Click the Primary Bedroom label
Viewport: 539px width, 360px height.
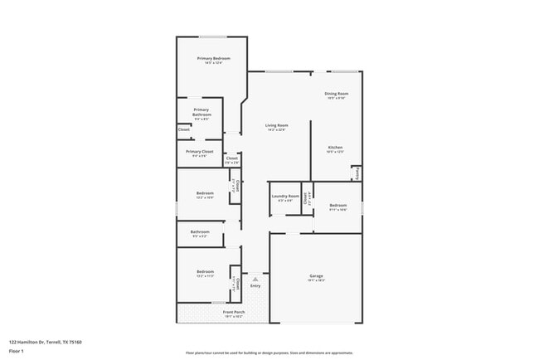tap(213, 59)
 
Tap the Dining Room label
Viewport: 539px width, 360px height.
tap(336, 94)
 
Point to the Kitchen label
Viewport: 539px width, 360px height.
tap(334, 148)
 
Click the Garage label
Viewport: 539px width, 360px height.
tap(315, 276)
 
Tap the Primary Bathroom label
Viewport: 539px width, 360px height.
tap(202, 112)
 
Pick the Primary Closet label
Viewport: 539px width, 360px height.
tap(200, 152)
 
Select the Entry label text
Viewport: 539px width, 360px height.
tap(255, 286)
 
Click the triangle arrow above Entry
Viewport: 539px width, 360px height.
tap(255, 280)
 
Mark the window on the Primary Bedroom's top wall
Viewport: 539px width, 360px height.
tap(213, 36)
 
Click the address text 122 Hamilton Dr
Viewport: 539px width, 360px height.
tap(45, 342)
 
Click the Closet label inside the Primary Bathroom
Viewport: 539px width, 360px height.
tap(184, 129)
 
